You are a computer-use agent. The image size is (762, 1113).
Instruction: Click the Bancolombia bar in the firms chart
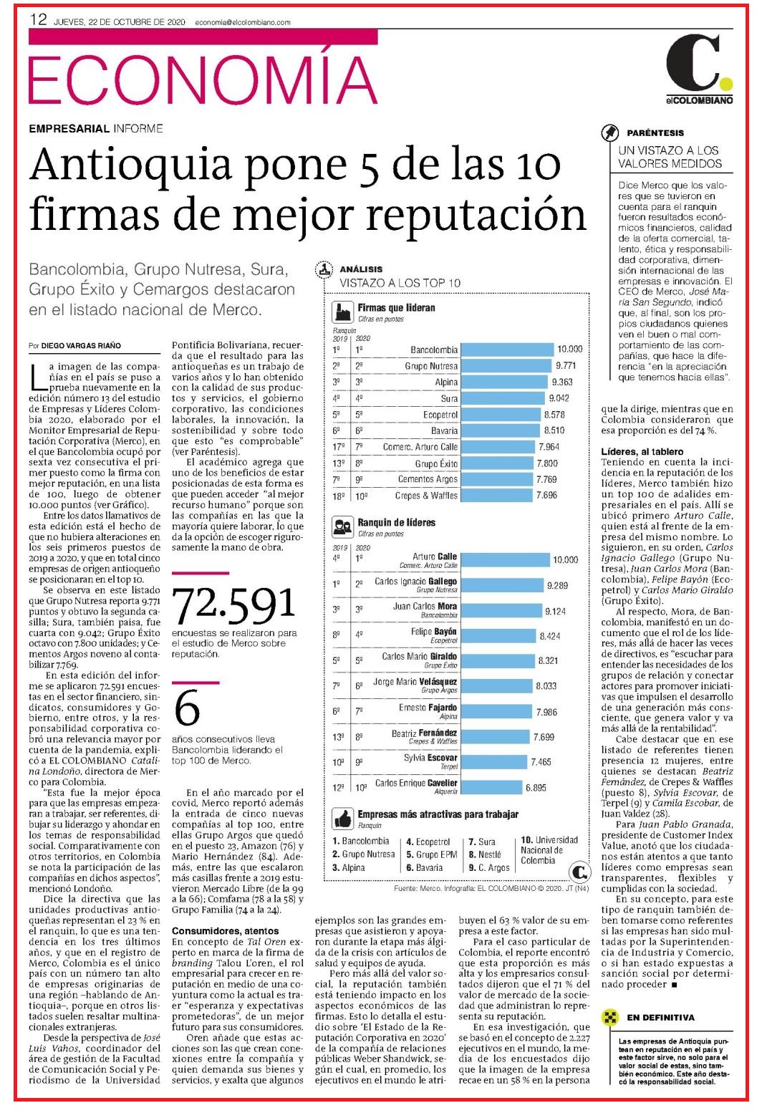507,350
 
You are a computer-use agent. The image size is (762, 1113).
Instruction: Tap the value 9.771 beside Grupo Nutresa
566,366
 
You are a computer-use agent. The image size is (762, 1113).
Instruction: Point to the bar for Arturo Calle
505,560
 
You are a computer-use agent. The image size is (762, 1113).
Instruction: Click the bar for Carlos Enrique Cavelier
491,788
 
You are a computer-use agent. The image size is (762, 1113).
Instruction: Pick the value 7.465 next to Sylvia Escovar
541,762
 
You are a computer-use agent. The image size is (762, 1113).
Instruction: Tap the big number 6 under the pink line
187,708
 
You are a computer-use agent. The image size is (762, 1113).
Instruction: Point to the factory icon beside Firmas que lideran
343,313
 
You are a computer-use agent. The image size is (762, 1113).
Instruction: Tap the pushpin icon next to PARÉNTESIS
610,133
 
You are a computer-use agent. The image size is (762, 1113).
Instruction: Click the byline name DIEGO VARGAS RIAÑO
81,346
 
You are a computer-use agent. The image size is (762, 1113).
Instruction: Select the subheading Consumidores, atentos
225,930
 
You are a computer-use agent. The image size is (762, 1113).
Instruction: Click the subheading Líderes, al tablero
642,452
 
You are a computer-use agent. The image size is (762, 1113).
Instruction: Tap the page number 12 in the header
38,19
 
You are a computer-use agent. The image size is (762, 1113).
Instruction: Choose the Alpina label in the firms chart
446,382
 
